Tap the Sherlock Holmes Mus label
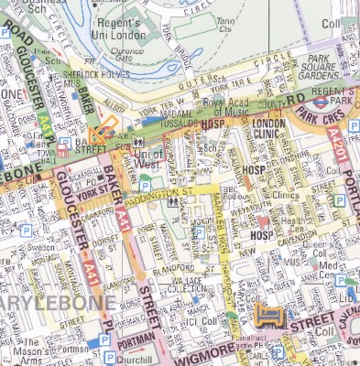pos(78,78)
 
